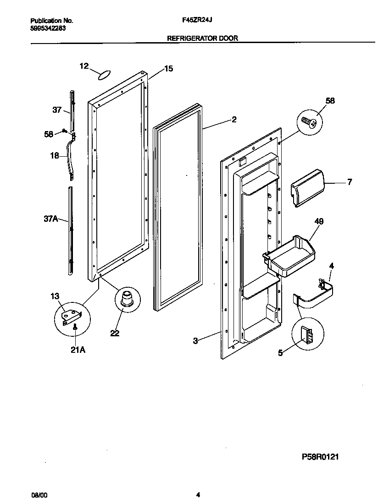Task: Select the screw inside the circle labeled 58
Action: click(309, 121)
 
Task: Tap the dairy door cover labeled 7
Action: click(306, 187)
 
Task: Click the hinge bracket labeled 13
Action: click(72, 315)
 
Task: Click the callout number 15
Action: click(168, 69)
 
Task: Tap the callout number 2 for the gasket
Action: click(234, 120)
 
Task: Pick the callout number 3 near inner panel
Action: click(196, 341)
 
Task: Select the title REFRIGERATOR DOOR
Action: click(202, 38)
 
